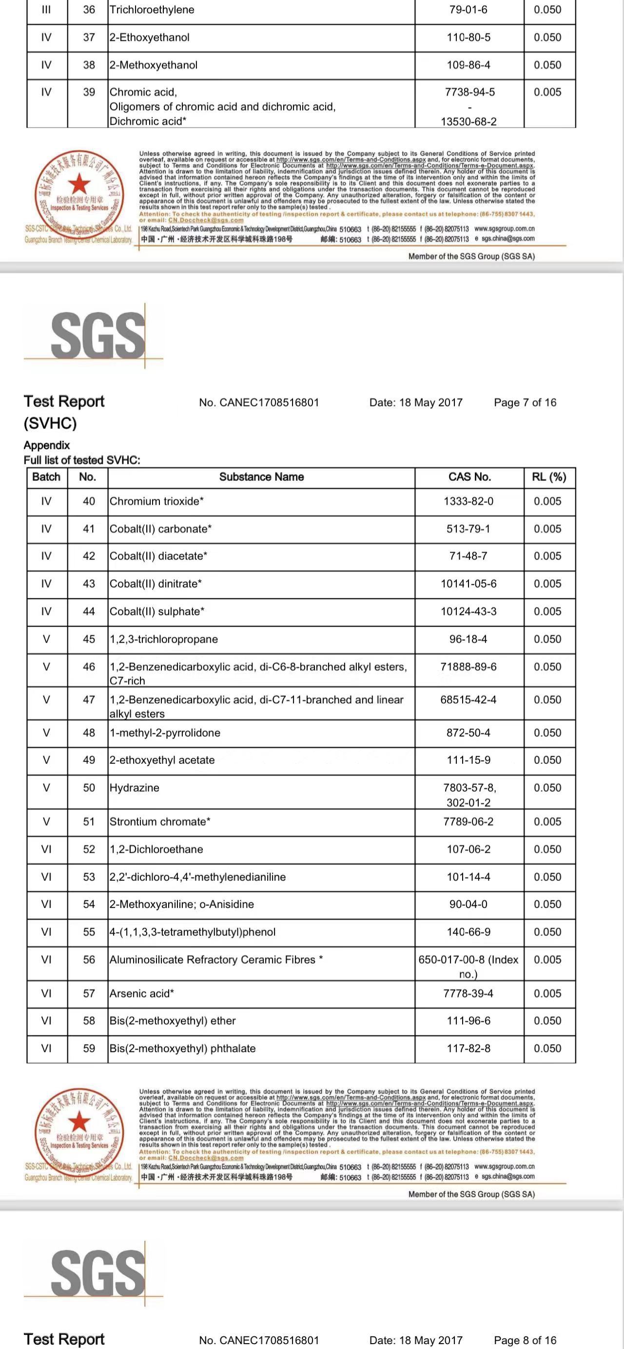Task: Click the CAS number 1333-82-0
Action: point(468,501)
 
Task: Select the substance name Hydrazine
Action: point(134,788)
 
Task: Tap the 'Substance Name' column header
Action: point(261,476)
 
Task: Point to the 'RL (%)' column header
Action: point(548,476)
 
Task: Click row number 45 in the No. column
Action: point(89,639)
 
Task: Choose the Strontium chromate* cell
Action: point(160,822)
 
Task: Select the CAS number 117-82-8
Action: point(468,1048)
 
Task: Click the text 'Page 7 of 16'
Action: point(525,402)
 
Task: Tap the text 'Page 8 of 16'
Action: point(525,1340)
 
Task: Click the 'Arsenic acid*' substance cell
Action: point(141,993)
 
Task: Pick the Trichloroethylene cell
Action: point(152,9)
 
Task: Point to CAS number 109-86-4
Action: point(468,65)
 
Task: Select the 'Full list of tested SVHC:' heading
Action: point(82,460)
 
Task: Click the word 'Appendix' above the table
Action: point(47,445)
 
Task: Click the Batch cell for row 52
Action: point(46,850)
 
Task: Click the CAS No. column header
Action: point(469,476)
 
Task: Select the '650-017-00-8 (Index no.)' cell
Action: point(468,966)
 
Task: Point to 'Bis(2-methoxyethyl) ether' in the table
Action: point(173,1021)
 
